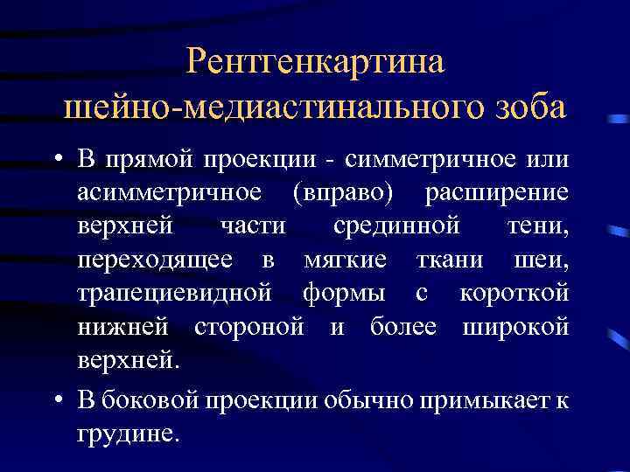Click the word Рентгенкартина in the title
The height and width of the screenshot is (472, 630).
[x=316, y=62]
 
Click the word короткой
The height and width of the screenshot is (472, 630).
[x=514, y=293]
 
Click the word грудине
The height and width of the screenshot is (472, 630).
[x=128, y=434]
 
